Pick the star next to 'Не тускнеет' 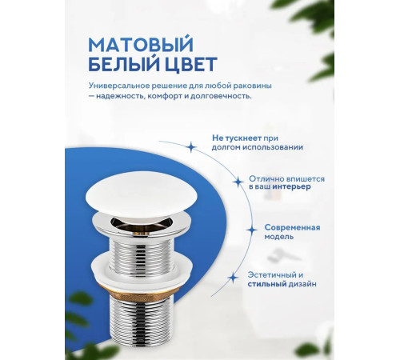pos(190,146)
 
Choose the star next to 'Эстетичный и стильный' pos(233,278)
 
